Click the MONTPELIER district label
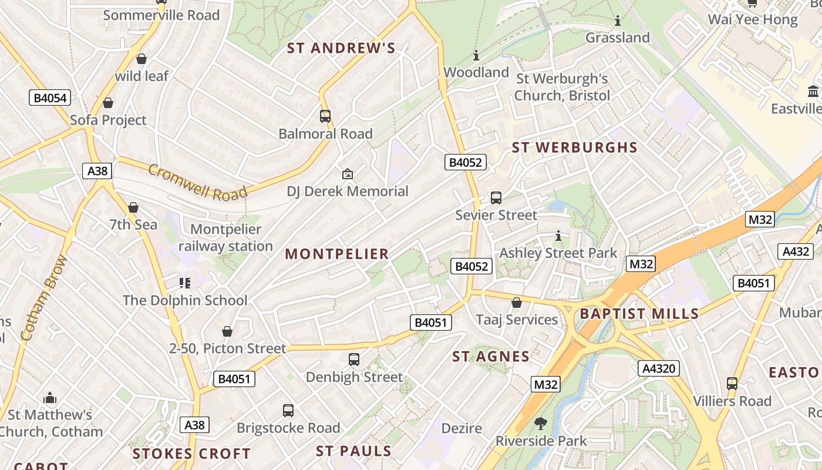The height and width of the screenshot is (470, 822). pos(337,254)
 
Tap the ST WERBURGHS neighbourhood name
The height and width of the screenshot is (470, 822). pos(574,147)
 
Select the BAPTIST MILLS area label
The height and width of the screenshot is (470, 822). pos(639,313)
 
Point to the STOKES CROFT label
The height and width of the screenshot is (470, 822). pos(191,454)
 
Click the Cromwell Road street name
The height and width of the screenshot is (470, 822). pos(197,183)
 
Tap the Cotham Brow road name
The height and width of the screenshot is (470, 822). pos(44,298)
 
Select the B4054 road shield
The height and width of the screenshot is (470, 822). pos(50,98)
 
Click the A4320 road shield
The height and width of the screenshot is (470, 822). pos(659,368)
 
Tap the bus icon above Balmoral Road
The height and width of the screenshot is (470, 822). pos(325,116)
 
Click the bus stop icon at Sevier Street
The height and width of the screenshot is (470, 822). pos(496,198)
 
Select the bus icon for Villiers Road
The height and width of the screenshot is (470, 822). pos(732,384)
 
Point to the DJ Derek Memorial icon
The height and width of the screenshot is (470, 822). pos(348,174)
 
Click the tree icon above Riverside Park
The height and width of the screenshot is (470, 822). pos(540,423)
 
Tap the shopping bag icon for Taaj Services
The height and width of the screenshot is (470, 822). pos(517,303)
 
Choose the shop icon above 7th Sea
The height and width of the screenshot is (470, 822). pos(133,207)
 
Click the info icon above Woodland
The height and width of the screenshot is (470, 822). pos(476,56)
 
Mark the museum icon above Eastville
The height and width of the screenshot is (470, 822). pos(813,92)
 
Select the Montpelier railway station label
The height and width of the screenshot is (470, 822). pos(226,238)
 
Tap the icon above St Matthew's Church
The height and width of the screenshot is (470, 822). pos(50,398)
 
